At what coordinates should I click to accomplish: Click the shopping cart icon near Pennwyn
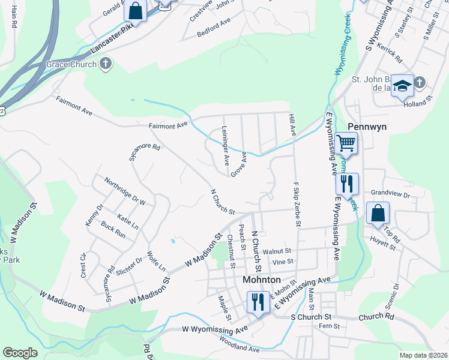(346, 144)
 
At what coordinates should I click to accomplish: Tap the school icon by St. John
(402, 85)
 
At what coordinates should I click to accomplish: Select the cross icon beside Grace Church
(106, 63)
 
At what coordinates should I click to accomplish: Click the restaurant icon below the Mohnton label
(258, 302)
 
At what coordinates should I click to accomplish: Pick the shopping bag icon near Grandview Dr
(378, 214)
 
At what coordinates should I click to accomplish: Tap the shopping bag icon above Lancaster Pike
(135, 11)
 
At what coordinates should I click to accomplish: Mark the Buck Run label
(113, 230)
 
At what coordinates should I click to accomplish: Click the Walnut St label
(280, 251)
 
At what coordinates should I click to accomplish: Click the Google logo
(20, 353)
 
